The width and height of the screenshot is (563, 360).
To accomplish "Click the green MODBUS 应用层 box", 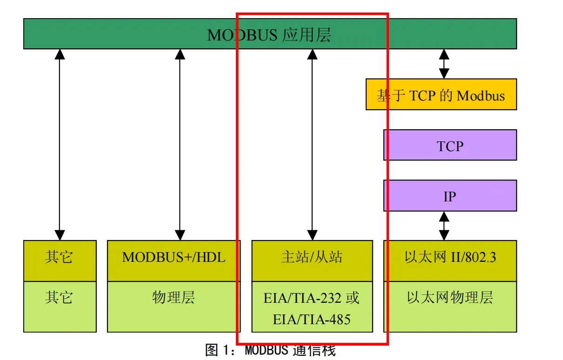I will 270,34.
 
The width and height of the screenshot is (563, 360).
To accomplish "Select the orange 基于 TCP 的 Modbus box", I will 441,94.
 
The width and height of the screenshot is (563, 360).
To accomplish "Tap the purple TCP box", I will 450,145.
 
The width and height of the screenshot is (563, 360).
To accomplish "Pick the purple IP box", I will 450,196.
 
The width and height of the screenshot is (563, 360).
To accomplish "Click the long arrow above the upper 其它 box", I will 60,144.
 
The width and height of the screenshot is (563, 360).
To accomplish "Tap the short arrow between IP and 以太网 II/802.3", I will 444,226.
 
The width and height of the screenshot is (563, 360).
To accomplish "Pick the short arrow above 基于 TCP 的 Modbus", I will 444,64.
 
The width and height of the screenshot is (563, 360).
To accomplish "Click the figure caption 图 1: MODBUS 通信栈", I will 270,350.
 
